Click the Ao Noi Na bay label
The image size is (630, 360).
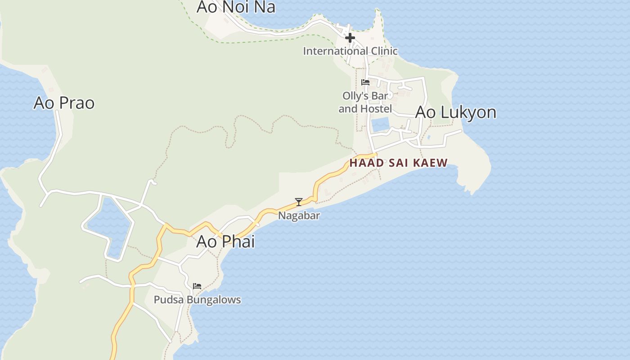click(x=236, y=7)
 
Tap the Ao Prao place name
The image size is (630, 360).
click(x=64, y=103)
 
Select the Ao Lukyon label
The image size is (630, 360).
click(x=455, y=112)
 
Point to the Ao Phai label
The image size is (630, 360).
click(x=225, y=242)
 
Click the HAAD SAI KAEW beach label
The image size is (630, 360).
click(x=398, y=163)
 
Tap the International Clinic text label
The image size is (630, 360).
click(x=350, y=51)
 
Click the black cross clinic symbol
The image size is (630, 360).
click(x=350, y=38)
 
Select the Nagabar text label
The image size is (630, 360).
click(x=299, y=216)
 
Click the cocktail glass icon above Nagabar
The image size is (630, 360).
click(x=298, y=202)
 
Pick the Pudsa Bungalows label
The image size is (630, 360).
click(x=197, y=300)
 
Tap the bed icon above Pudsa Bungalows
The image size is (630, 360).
click(x=197, y=286)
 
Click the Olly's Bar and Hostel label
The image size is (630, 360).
click(x=365, y=102)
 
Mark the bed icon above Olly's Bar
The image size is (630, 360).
click(x=365, y=82)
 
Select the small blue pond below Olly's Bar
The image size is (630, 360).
click(x=380, y=124)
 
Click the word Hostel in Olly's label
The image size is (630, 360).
click(x=377, y=109)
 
